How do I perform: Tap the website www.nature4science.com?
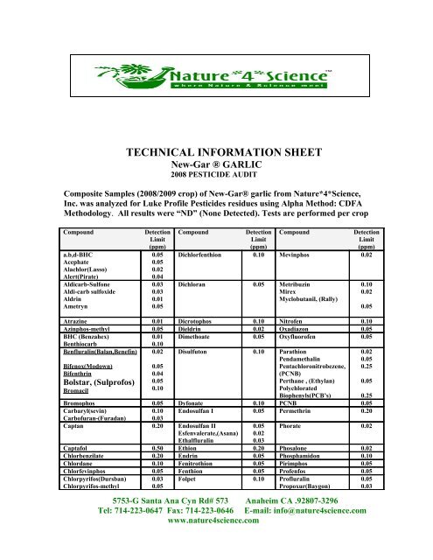click(216, 543)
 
